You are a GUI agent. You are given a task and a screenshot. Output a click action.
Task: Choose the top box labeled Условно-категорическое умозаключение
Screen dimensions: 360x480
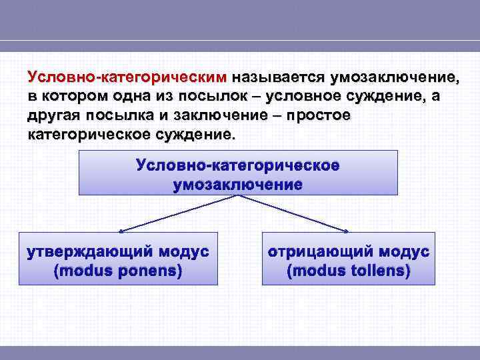[x=238, y=172]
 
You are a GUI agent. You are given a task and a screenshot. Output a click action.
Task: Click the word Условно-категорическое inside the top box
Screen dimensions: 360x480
[x=238, y=164]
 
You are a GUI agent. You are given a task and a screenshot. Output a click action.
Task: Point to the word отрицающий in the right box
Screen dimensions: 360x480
[x=313, y=252]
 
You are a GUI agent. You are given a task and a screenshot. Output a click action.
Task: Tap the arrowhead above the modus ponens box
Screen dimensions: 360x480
[x=120, y=231]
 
